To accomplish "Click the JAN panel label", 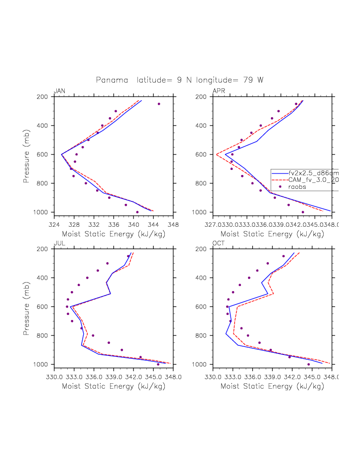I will (59, 91).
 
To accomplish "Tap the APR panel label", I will (219, 91).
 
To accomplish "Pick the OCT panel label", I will (219, 243).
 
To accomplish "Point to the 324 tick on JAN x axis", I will (54, 224).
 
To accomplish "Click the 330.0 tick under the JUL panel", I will (54, 376).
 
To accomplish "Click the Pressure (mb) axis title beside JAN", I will (27, 155).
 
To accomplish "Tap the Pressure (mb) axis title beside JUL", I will (27, 307).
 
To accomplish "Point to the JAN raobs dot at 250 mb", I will (159, 104).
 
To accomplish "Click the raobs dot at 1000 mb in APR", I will (303, 212).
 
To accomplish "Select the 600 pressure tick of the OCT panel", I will (204, 307).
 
